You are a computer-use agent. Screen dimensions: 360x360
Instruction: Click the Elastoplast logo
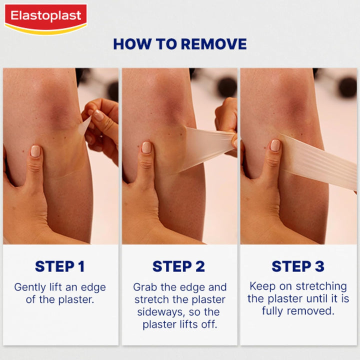(x=45, y=18)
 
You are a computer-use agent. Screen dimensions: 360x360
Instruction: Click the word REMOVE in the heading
(x=213, y=44)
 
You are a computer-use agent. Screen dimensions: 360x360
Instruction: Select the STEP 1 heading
(x=60, y=266)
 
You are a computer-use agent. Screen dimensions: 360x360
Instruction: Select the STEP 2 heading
(x=179, y=266)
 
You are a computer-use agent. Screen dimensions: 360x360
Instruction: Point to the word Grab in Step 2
(x=145, y=287)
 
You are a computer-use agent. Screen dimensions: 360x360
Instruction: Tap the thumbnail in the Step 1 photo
(x=35, y=150)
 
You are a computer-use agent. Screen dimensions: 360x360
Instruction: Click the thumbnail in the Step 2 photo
(x=146, y=147)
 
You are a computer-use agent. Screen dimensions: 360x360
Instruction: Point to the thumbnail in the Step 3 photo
(x=275, y=145)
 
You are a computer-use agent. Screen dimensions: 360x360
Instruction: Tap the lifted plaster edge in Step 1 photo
(x=85, y=125)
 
